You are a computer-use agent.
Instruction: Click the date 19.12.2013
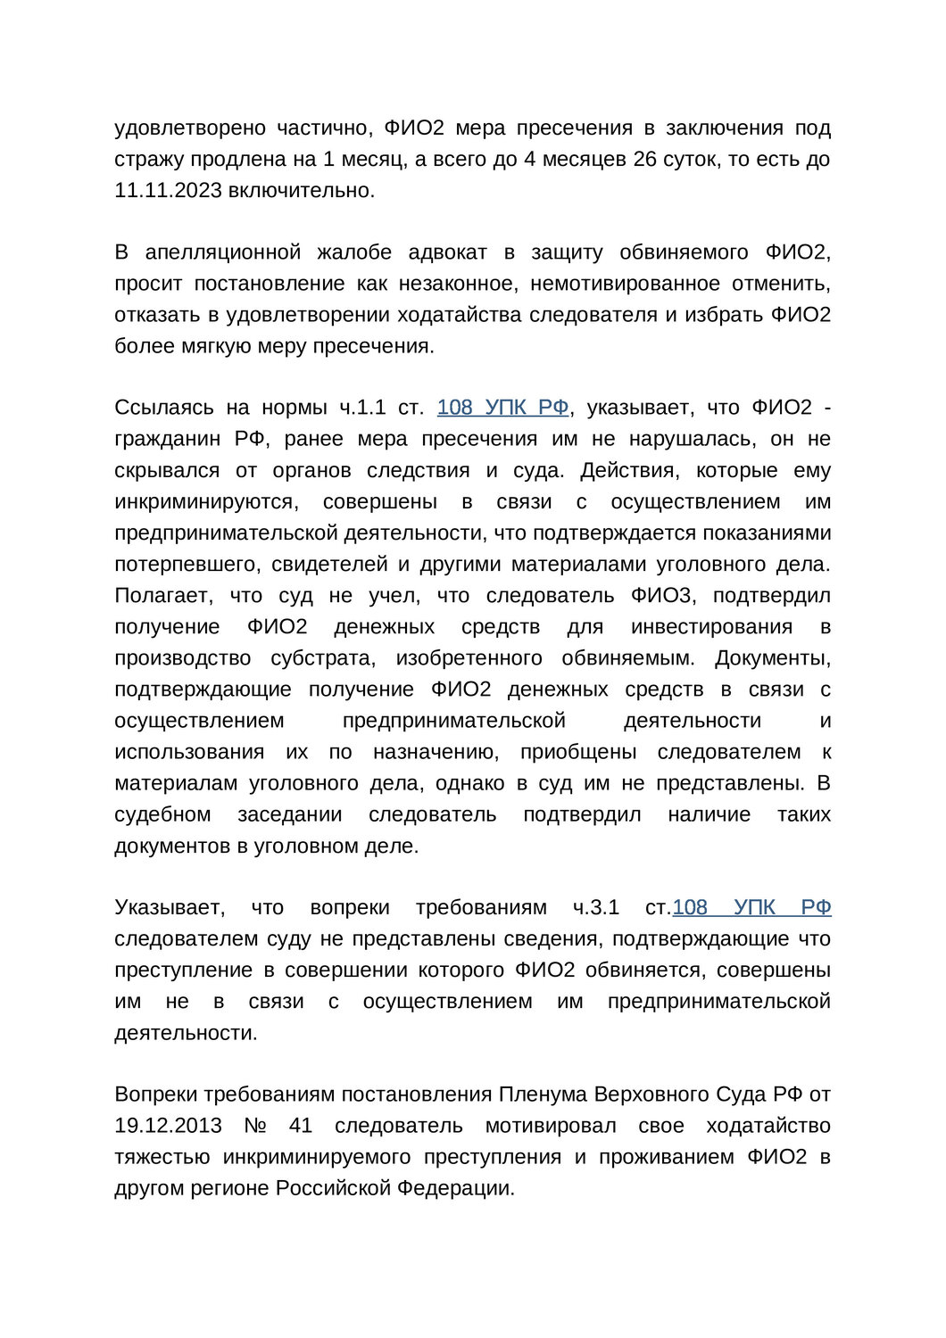[168, 1126]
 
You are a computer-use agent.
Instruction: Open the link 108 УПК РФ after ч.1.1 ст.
[502, 408]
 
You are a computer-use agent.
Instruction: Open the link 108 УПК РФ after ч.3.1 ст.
[751, 907]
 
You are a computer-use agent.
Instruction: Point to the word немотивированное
[625, 284]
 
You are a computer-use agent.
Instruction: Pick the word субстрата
[322, 657]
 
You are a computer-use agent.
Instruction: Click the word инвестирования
[711, 626]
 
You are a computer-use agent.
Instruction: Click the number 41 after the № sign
[301, 1126]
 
